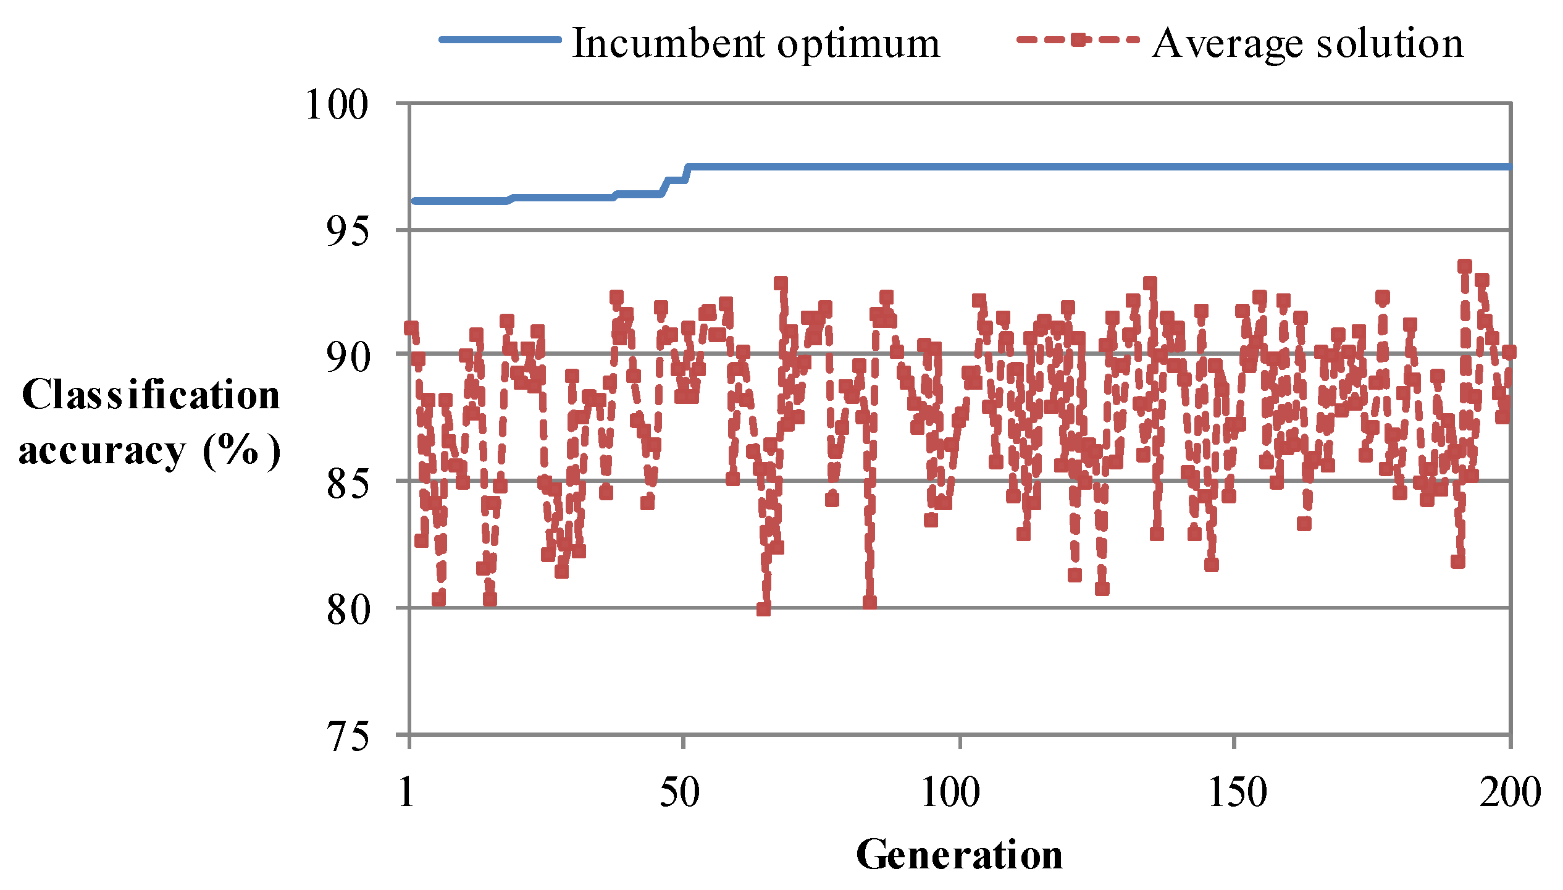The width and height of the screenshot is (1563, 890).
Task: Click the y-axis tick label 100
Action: pos(337,105)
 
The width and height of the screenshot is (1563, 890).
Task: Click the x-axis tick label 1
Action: pos(406,792)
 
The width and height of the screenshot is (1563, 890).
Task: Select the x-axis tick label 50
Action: pos(679,792)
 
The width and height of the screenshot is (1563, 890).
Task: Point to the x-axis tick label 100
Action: pos(950,792)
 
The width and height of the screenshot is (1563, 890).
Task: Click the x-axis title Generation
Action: pos(959,855)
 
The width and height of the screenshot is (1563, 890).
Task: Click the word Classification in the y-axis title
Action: pos(151,395)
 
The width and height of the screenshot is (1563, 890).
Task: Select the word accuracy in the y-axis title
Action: pos(102,451)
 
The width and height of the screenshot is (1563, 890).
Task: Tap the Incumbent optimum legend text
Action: pos(756,43)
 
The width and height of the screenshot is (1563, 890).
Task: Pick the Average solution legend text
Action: pos(1307,43)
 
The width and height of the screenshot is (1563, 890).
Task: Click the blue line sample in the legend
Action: pos(500,40)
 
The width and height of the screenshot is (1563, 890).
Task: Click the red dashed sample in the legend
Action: pos(1078,40)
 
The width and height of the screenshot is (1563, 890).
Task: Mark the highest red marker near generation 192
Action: pos(1465,266)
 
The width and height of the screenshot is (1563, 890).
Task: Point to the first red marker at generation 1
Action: pos(411,327)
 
